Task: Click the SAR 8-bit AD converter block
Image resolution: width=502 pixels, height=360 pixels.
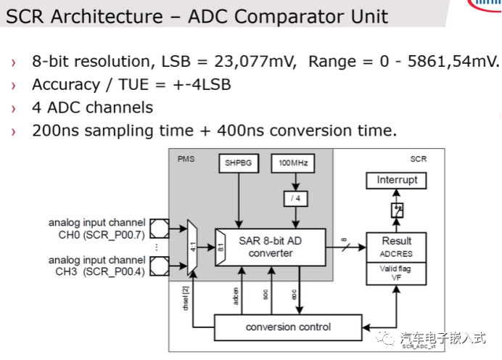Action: click(271, 247)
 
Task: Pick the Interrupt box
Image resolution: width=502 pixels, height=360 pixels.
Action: click(397, 180)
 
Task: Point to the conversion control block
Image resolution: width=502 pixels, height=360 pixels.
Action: click(288, 327)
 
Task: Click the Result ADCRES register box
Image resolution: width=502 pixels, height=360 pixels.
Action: click(396, 247)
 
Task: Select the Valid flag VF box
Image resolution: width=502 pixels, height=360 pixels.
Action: click(396, 271)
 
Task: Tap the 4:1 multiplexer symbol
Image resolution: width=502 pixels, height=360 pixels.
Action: click(192, 247)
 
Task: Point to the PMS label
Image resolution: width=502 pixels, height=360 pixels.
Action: click(186, 157)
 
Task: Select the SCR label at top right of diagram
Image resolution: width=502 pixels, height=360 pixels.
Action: click(419, 157)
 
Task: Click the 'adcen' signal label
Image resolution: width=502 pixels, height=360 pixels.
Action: click(236, 295)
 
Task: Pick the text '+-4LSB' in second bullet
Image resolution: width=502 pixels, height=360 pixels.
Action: click(202, 85)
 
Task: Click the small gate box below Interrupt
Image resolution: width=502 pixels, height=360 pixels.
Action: click(396, 210)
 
